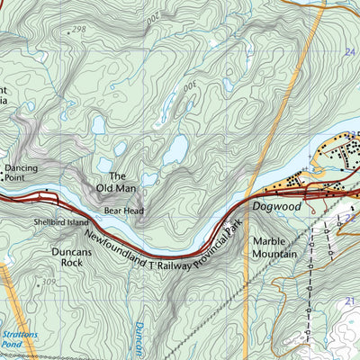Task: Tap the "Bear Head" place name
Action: point(123,211)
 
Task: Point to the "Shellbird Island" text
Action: point(61,222)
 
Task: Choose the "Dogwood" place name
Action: point(274,206)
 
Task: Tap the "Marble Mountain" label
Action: point(274,247)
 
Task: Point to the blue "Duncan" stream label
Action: point(139,338)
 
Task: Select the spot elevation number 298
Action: point(78,30)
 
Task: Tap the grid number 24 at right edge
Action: point(349,53)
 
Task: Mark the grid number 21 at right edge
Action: point(350,299)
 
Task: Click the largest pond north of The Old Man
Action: point(175,148)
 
